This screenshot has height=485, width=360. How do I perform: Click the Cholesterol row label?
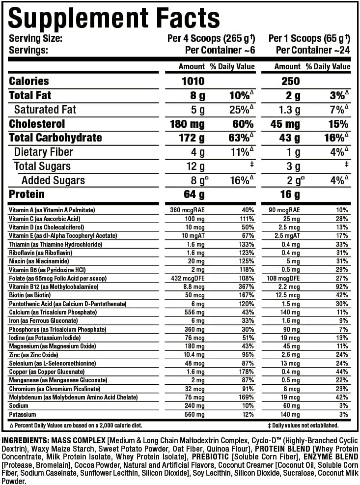click(x=37, y=124)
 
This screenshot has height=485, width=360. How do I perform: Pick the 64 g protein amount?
click(x=194, y=195)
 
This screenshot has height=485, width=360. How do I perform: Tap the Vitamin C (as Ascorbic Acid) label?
click(x=44, y=219)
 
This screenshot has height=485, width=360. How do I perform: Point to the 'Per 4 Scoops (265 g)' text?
click(x=209, y=39)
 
